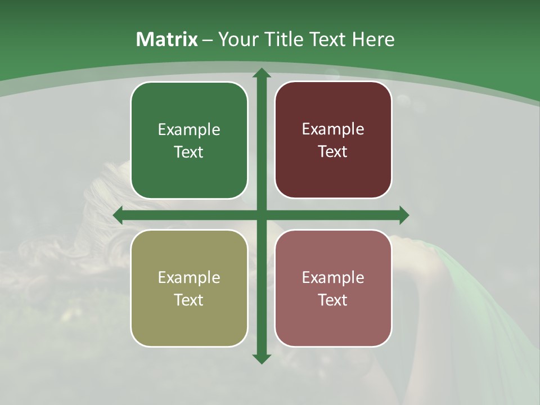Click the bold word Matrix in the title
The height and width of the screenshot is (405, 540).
pyautogui.click(x=167, y=39)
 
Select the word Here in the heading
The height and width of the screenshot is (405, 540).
pyautogui.click(x=373, y=39)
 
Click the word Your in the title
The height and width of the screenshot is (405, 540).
pyautogui.click(x=237, y=39)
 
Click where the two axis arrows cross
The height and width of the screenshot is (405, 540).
pyautogui.click(x=261, y=215)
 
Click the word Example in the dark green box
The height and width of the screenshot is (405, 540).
pyautogui.click(x=189, y=129)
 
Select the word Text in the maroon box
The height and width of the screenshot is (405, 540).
pyautogui.click(x=333, y=151)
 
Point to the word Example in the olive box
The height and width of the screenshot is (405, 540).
pyautogui.click(x=189, y=277)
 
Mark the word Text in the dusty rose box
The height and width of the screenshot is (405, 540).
pyautogui.click(x=333, y=300)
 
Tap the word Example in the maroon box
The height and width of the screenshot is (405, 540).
pyautogui.click(x=333, y=129)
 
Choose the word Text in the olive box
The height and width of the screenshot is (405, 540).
pyautogui.click(x=189, y=300)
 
